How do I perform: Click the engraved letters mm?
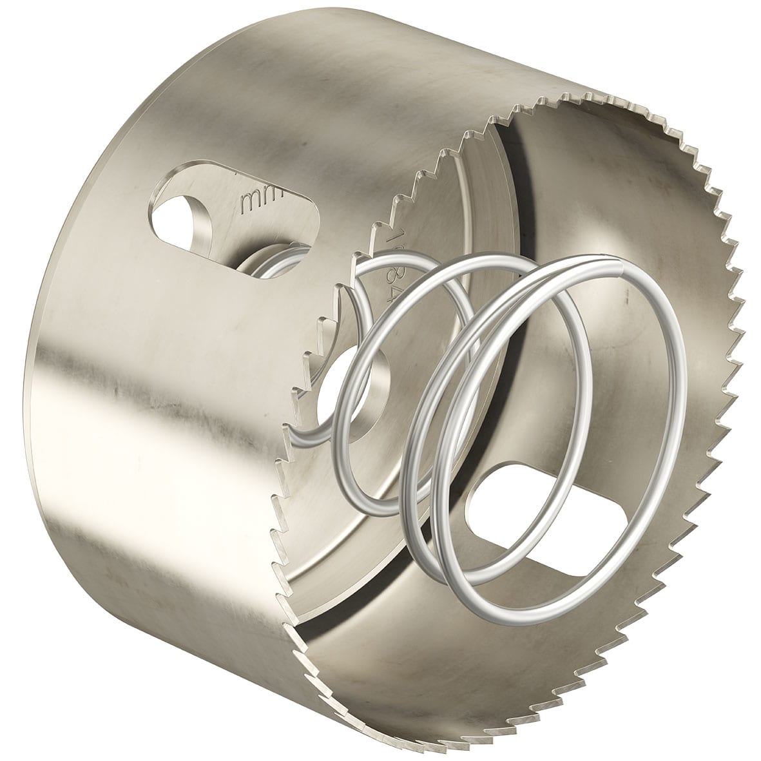(x=253, y=202)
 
